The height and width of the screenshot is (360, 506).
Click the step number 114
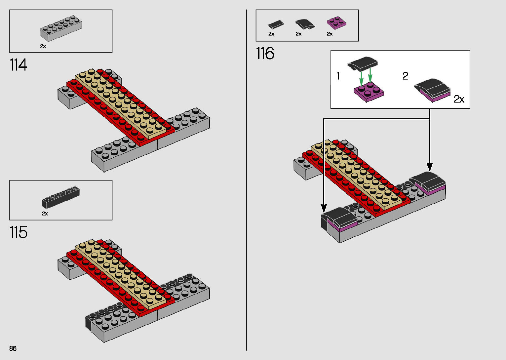click(x=19, y=65)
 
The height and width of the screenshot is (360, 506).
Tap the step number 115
click(x=19, y=232)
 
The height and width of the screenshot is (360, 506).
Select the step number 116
click(x=265, y=54)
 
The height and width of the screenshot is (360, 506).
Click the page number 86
click(x=13, y=348)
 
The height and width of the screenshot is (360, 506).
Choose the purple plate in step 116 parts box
click(x=336, y=23)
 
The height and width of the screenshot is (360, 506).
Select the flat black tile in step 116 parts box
click(x=276, y=24)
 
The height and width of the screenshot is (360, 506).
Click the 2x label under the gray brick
click(x=43, y=46)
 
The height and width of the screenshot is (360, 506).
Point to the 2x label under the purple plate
click(x=330, y=34)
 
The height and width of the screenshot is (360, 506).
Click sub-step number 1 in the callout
click(x=338, y=76)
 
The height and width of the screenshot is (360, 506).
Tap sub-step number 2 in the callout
click(x=405, y=76)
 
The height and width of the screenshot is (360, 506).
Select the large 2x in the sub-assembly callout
click(x=459, y=99)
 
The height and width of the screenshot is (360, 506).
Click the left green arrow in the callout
click(x=362, y=78)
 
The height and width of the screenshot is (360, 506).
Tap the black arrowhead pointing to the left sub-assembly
click(x=324, y=208)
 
